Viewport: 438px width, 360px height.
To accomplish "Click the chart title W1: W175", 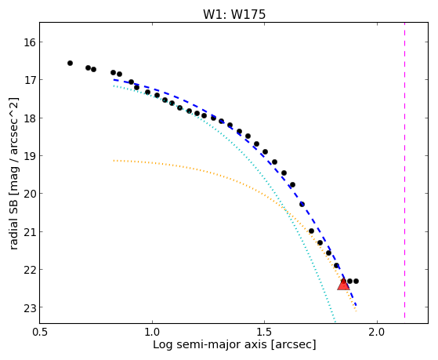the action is pos(234,14).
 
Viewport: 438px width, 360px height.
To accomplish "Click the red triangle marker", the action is pos(343,285).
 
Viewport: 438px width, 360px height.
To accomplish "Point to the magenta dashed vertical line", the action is pos(404,170).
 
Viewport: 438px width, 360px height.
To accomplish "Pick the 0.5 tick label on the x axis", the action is pos(41,332).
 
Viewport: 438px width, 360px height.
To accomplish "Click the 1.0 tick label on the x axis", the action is pos(152,332).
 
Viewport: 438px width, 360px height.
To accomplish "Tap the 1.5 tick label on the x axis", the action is pos(265,332).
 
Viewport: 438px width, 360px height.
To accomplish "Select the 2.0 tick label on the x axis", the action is pos(377,332).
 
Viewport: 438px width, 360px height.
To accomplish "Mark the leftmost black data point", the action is pos(70,64).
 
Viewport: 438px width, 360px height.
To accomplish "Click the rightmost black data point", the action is pos(356,281).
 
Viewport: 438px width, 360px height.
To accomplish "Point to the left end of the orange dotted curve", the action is pos(114,161).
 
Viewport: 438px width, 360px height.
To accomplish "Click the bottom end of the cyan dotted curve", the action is pos(335,322).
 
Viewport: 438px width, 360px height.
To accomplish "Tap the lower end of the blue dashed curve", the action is pos(356,305).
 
